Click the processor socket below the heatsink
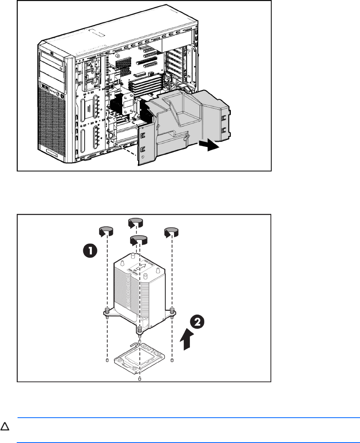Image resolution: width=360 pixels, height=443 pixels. pos(140,359)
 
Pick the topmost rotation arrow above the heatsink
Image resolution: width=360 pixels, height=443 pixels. pos(135,223)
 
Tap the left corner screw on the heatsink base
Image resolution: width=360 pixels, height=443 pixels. pos(106,311)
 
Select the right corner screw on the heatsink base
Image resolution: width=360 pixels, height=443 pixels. pos(172,310)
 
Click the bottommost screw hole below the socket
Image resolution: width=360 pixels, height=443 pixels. pos(140,378)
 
